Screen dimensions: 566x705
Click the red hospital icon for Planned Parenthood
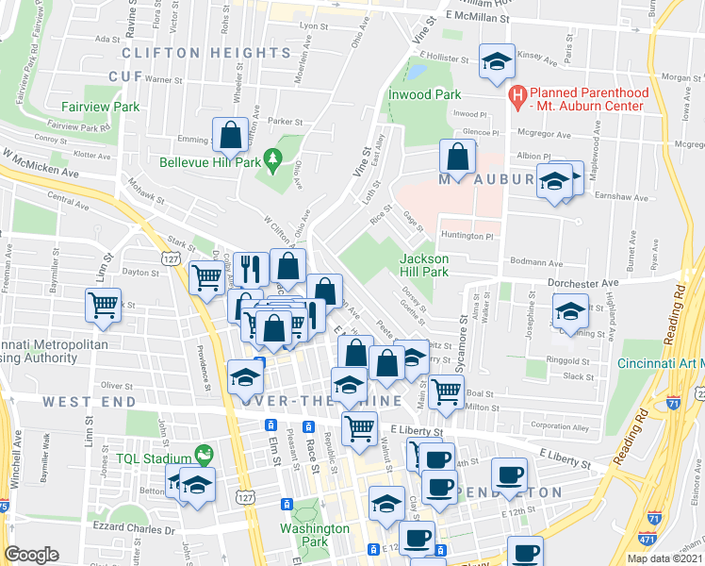[516, 95]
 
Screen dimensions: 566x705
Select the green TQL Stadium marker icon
[202, 456]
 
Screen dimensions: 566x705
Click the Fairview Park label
[100, 108]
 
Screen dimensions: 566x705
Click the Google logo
[32, 555]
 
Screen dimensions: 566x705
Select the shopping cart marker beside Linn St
[103, 305]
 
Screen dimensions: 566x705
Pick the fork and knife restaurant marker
[250, 268]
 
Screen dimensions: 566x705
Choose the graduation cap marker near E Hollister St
[497, 61]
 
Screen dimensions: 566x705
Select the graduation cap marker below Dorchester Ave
[570, 310]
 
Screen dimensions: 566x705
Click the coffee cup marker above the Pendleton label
[509, 474]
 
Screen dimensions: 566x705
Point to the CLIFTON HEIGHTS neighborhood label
[205, 53]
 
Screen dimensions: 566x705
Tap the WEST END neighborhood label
[81, 402]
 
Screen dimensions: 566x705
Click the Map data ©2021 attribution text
[665, 558]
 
